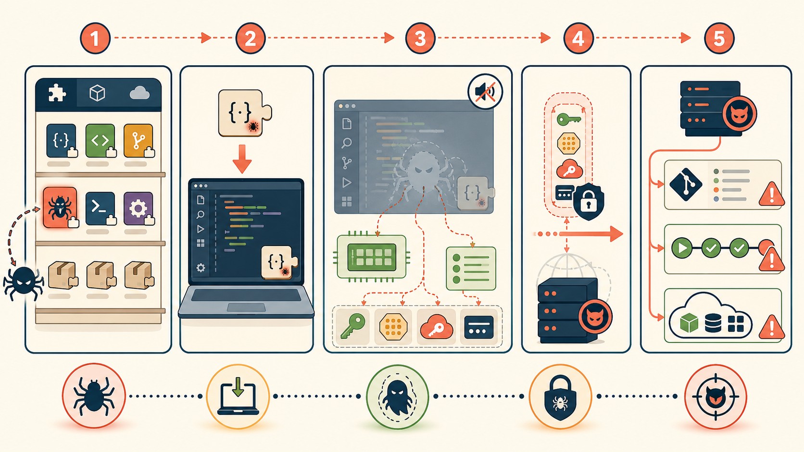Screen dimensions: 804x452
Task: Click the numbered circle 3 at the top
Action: click(x=420, y=38)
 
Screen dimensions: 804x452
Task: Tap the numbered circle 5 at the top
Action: click(x=719, y=38)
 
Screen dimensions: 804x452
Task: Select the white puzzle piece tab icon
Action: click(x=57, y=93)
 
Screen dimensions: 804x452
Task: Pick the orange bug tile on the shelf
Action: click(x=60, y=208)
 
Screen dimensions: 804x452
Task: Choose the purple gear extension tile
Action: click(x=138, y=208)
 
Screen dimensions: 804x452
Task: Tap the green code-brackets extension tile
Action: click(x=100, y=141)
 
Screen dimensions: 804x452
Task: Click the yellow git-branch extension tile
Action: click(x=138, y=141)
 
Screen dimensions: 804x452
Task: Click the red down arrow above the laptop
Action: click(x=242, y=159)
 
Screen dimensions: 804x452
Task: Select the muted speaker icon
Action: click(x=485, y=92)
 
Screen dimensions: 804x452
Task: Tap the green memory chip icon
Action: click(x=372, y=257)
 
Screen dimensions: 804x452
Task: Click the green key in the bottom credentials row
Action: click(x=352, y=326)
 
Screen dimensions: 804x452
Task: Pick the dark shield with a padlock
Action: click(x=588, y=202)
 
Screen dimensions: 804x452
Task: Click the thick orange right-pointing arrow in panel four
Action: click(x=591, y=234)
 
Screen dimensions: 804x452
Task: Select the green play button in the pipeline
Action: click(x=682, y=248)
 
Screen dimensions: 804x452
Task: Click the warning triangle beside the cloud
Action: click(x=772, y=327)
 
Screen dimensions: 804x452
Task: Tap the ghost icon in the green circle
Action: click(x=397, y=397)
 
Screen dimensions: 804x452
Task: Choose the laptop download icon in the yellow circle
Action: click(x=238, y=396)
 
